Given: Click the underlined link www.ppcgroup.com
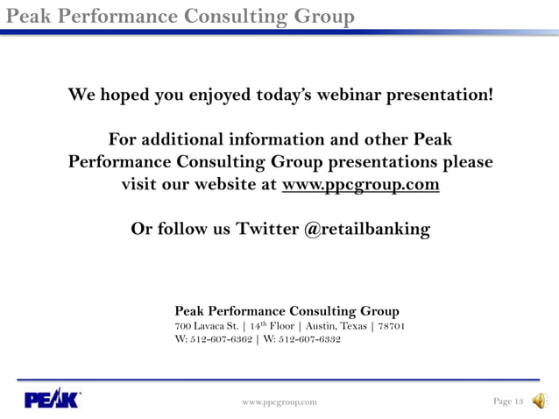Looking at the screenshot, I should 360,186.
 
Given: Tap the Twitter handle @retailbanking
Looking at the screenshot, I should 367,230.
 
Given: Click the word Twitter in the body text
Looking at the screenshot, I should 267,230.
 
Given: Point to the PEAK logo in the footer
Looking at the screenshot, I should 52,400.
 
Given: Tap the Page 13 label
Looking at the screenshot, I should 508,401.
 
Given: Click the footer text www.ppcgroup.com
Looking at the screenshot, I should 279,401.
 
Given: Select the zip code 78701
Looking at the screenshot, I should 390,326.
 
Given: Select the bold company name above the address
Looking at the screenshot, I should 287,311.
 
